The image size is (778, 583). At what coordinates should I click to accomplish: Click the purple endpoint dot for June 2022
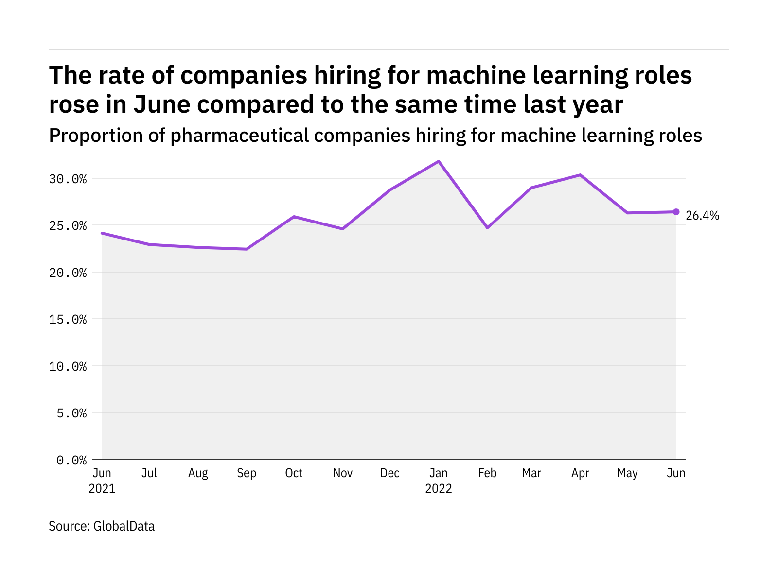[x=676, y=212]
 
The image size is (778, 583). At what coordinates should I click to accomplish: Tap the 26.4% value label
[x=702, y=216]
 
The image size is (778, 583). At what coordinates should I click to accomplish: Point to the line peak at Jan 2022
[x=439, y=161]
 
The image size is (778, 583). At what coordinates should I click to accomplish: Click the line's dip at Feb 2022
[x=487, y=227]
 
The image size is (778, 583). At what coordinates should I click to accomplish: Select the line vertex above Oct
[x=294, y=217]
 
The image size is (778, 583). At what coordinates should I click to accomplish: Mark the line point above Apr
[x=580, y=175]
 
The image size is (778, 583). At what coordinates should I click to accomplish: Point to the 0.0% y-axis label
[x=71, y=460]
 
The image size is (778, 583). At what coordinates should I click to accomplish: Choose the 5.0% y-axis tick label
[x=71, y=413]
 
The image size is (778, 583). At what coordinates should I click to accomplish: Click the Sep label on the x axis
[x=247, y=473]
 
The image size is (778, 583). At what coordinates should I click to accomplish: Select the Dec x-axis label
[x=390, y=473]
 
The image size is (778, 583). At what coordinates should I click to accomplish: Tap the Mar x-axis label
[x=531, y=473]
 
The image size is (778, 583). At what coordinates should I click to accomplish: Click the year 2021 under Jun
[x=102, y=489]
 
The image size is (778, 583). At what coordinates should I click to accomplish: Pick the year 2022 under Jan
[x=439, y=489]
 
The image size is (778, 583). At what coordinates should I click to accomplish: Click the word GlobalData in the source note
[x=124, y=526]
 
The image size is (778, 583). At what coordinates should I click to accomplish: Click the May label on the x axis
[x=627, y=473]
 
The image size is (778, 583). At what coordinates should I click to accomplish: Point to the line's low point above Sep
[x=247, y=249]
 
